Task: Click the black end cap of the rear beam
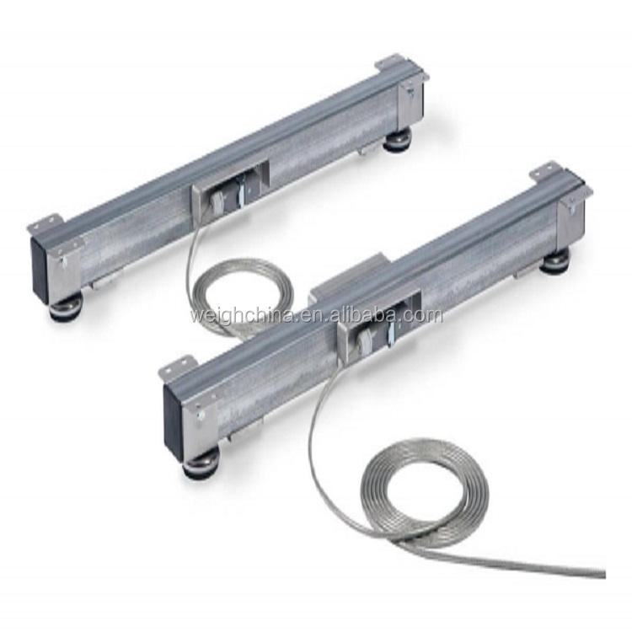[40, 266]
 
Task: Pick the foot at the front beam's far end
[554, 263]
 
